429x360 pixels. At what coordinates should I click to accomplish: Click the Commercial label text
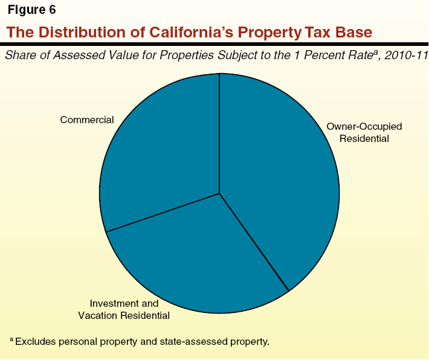point(87,120)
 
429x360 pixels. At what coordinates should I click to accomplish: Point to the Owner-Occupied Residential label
point(364,132)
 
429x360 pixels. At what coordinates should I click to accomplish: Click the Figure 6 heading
point(31,10)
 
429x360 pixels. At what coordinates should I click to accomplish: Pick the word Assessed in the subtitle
point(76,56)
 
